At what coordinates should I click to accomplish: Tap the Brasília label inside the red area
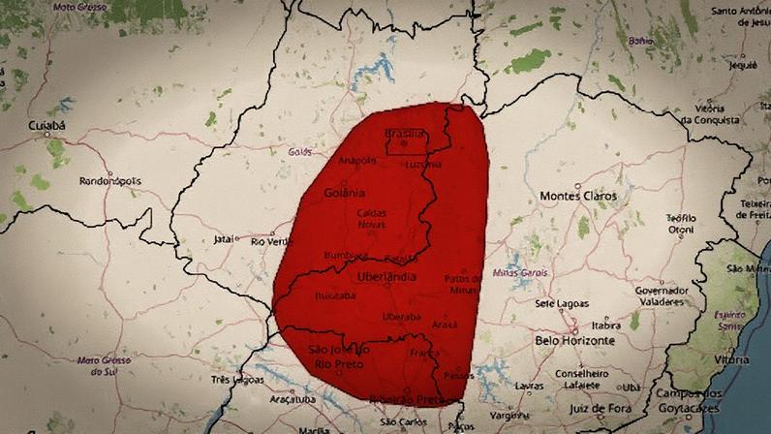point(405,132)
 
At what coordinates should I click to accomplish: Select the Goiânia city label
point(345,192)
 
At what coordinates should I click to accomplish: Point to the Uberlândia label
point(386,277)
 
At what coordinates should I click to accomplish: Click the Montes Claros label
point(577,196)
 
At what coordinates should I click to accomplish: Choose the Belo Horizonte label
point(574,341)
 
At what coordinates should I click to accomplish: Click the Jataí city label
point(223,238)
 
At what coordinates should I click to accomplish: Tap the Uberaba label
point(400,317)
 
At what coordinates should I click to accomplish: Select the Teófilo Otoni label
point(681,224)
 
